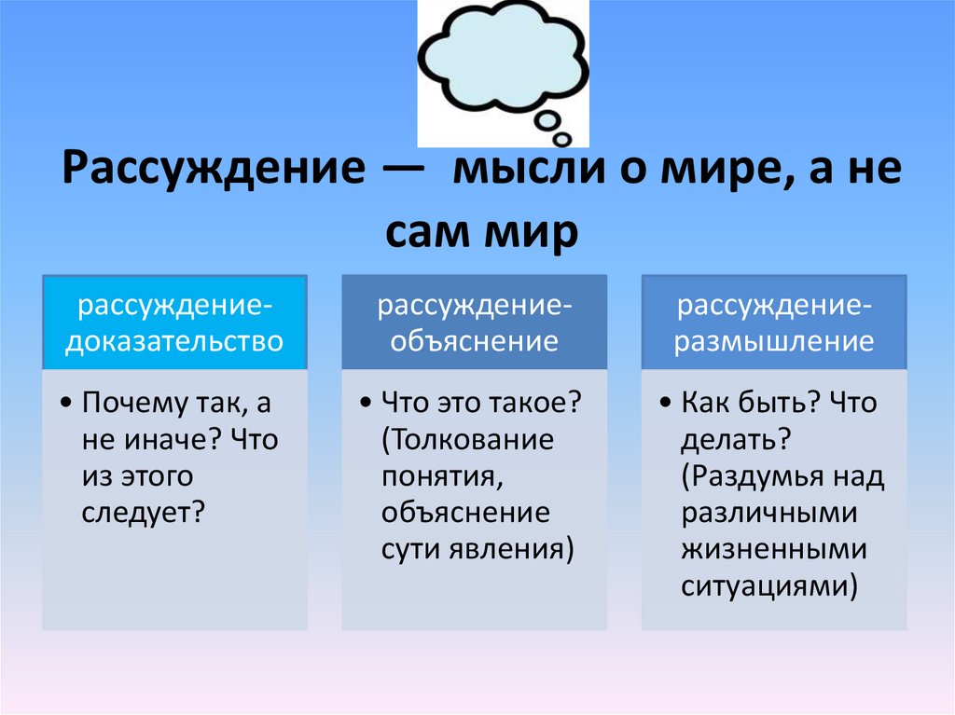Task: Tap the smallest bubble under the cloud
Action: (562, 139)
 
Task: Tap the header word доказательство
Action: (174, 341)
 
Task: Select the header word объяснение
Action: (474, 341)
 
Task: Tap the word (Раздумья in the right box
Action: (754, 476)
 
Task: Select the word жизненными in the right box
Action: (773, 549)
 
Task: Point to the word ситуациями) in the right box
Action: (769, 585)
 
